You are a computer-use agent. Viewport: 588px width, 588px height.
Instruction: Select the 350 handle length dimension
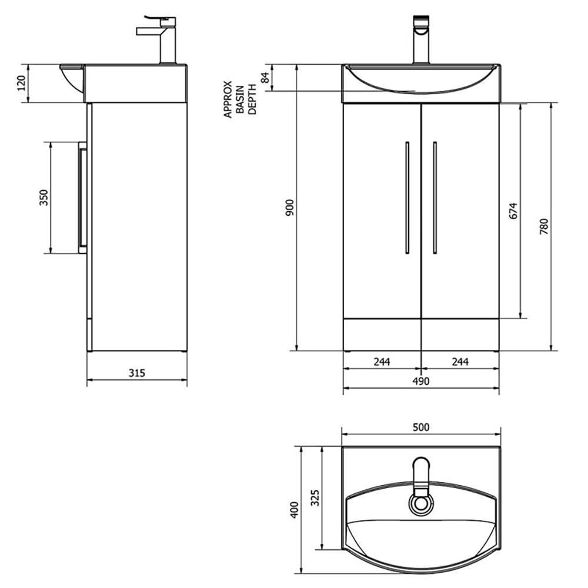pos(43,198)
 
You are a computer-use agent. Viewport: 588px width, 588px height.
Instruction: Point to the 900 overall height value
pos(290,208)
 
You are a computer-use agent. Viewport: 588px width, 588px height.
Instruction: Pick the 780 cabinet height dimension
pos(544,226)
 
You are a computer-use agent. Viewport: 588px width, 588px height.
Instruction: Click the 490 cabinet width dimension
pos(420,381)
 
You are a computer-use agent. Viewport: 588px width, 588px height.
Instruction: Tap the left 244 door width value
pos(382,362)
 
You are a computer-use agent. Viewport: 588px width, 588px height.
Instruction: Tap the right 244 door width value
pos(459,362)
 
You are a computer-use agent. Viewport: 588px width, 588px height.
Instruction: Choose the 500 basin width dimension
pos(420,428)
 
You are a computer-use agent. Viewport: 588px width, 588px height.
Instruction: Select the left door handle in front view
pos(407,198)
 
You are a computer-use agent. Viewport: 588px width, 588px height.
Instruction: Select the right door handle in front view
pos(435,198)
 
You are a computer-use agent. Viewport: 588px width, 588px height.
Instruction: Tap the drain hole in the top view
pos(421,504)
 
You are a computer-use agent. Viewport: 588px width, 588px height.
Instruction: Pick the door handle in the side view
pos(83,198)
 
